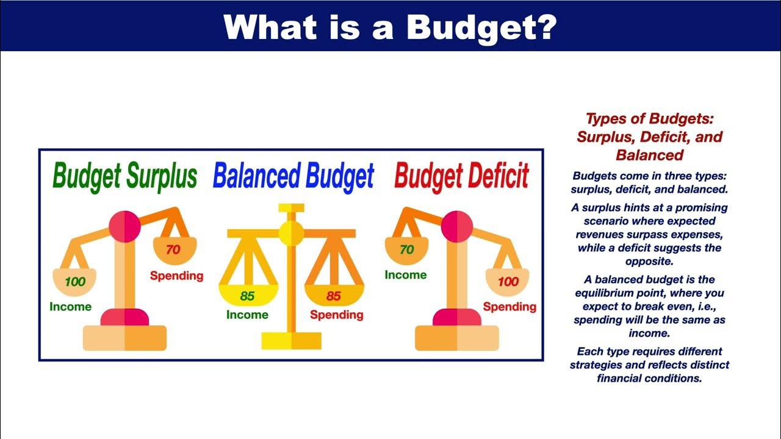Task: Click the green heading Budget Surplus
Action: point(125,177)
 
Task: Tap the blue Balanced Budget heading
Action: point(293,177)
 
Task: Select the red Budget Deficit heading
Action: point(462,177)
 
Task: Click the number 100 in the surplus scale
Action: point(75,282)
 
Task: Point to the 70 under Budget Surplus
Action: point(173,249)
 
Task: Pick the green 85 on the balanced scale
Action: point(247,296)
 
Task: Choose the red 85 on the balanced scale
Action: point(333,296)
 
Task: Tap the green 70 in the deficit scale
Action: point(406,249)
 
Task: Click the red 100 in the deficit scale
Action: point(508,282)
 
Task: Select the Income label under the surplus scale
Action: point(70,307)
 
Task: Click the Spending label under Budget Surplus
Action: point(177,276)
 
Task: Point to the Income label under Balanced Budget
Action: point(247,315)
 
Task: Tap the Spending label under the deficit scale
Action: point(509,307)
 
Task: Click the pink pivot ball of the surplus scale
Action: point(124,226)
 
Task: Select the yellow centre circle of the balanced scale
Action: point(292,233)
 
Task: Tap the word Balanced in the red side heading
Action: point(650,155)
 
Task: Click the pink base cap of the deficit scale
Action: point(457,317)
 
